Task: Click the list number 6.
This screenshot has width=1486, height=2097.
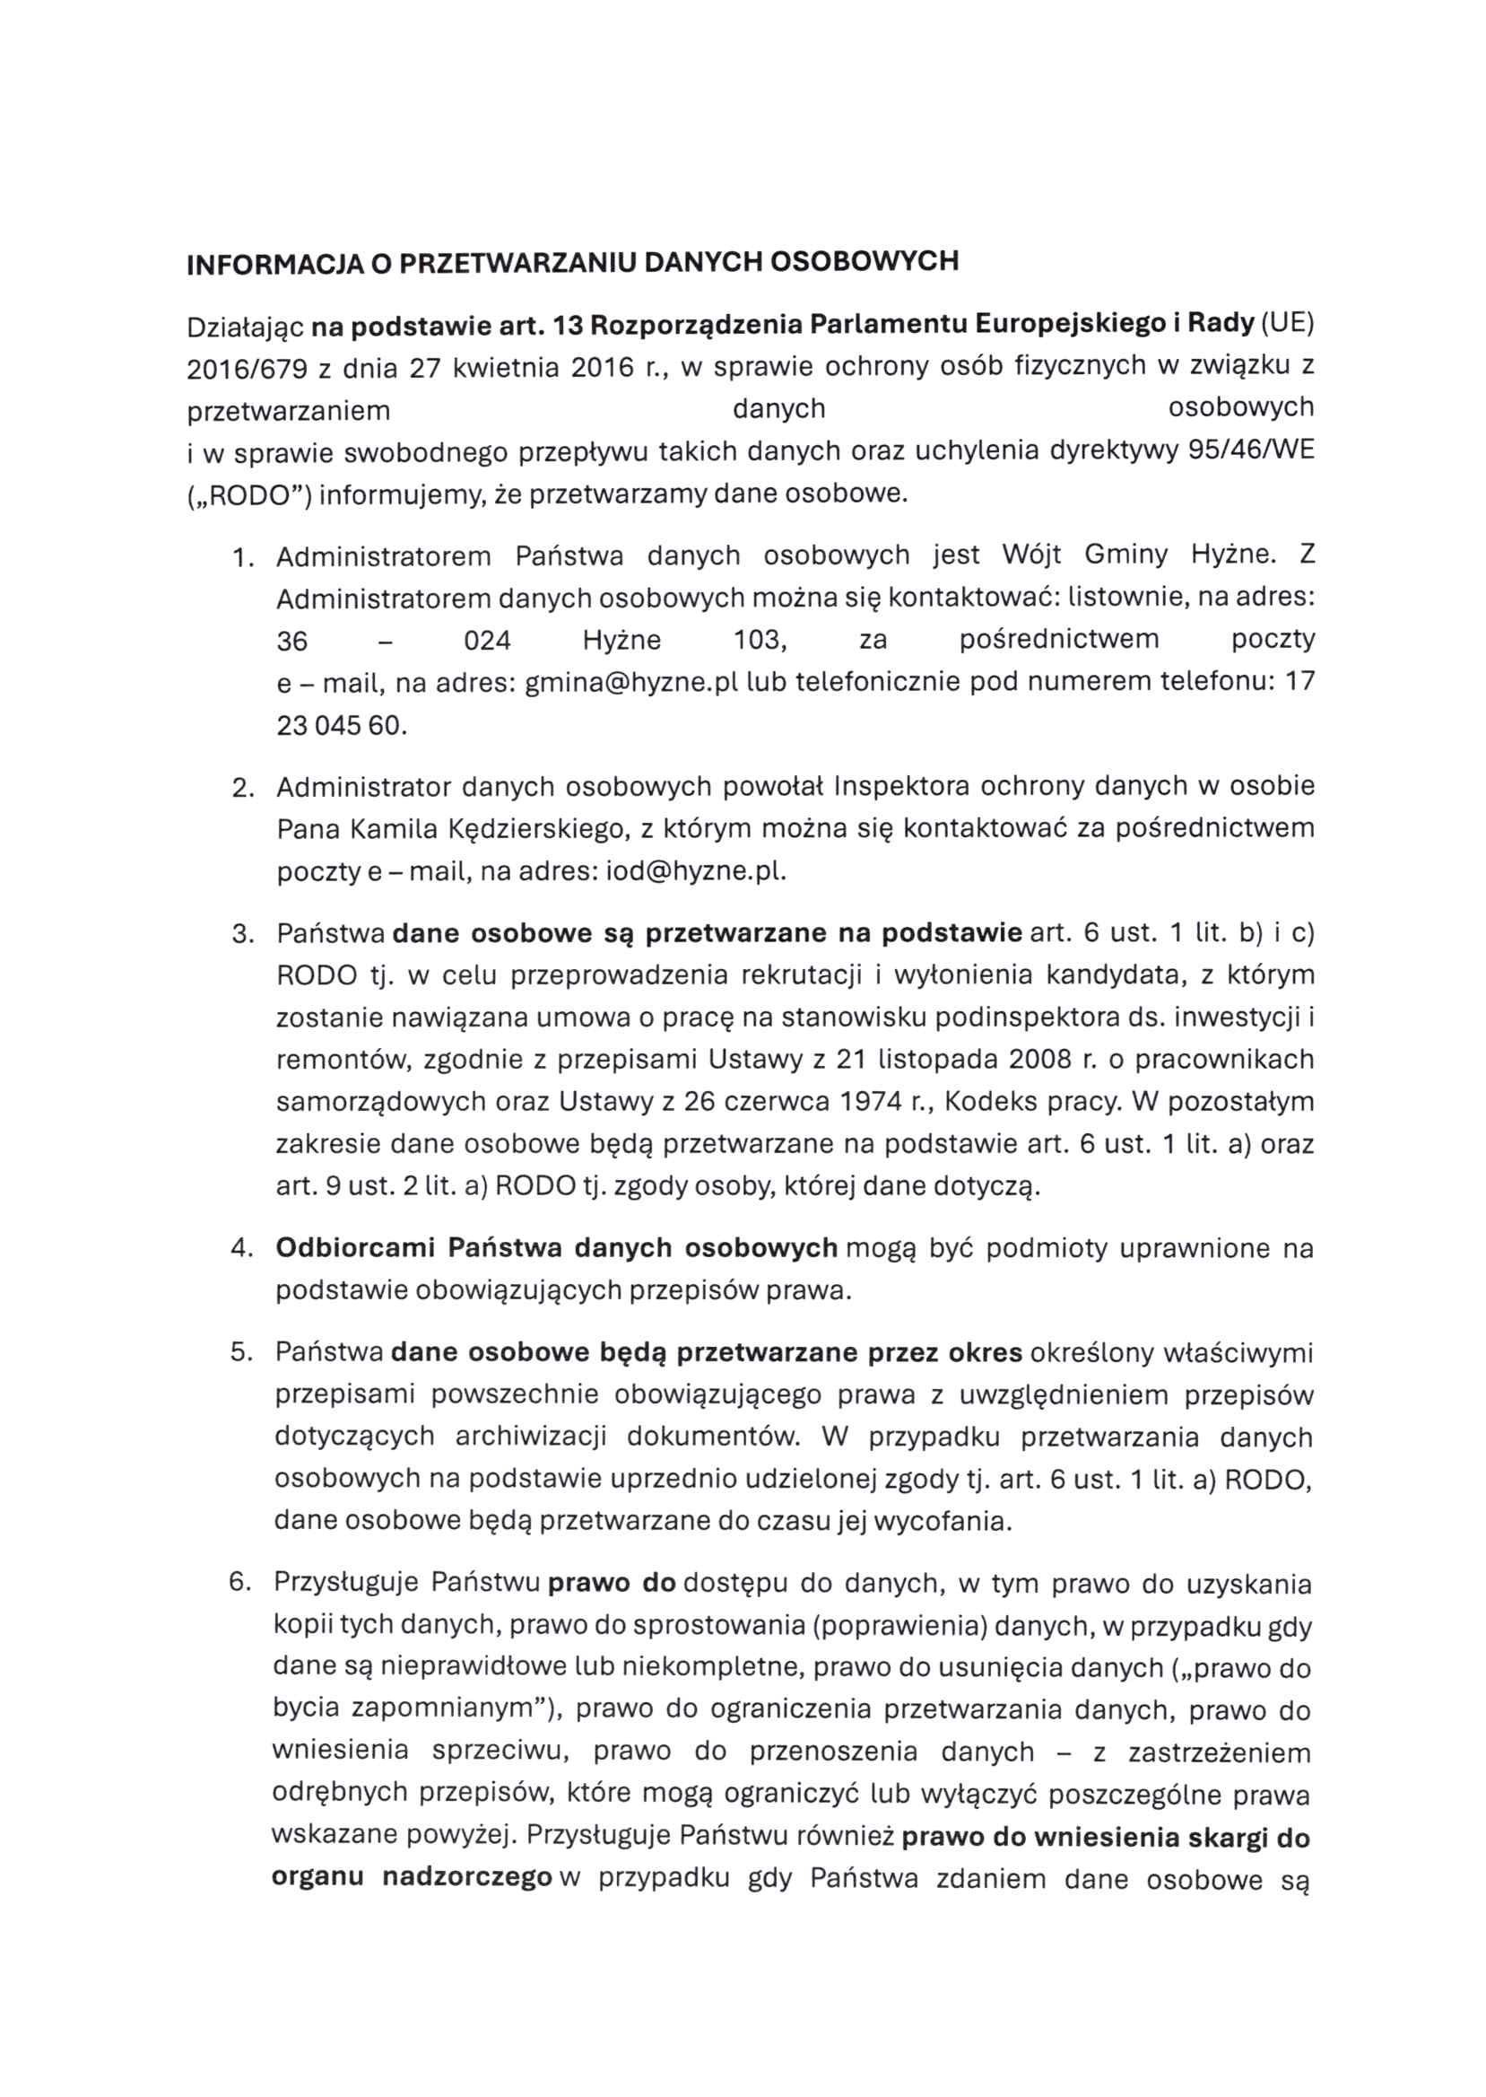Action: coord(239,1583)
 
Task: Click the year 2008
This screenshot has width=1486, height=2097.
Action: coord(1039,1059)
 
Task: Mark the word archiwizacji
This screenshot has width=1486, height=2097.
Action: coord(531,1437)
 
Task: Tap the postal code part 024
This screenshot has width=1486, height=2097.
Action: coord(487,641)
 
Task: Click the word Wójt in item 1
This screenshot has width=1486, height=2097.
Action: coord(1031,555)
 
